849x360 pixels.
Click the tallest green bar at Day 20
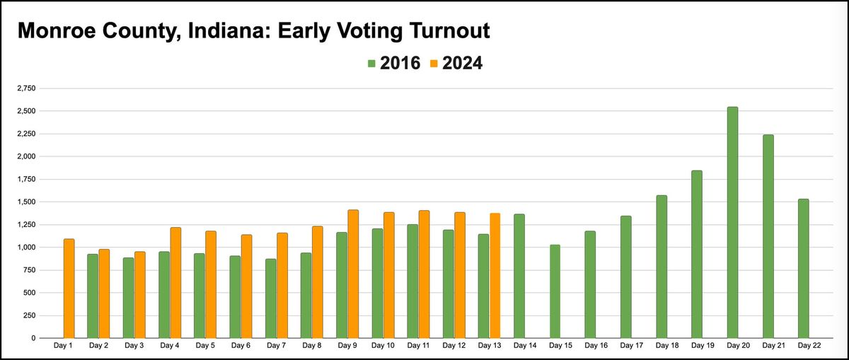click(732, 223)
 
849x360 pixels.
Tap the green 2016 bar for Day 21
click(768, 236)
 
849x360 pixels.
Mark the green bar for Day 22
click(803, 269)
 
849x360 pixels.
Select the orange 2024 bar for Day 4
click(175, 283)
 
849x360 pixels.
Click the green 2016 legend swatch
click(371, 64)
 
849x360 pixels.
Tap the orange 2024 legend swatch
click(434, 64)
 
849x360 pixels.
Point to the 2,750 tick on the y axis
click(27, 89)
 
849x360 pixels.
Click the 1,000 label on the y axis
click(27, 248)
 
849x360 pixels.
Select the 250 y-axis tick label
click(30, 315)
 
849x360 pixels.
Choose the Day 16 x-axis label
click(596, 346)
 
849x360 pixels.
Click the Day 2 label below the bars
click(98, 346)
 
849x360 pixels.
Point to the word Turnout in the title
click(448, 32)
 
